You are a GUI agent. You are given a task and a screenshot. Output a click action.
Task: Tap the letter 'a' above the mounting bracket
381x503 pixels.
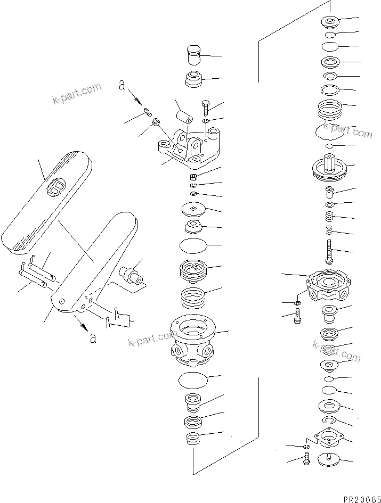tap(122, 85)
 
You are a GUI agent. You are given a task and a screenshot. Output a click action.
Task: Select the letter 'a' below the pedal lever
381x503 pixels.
tap(93, 338)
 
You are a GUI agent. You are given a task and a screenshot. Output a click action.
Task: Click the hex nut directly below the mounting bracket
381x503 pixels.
tap(194, 176)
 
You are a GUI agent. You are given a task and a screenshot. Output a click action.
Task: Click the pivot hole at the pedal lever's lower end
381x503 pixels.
tap(63, 302)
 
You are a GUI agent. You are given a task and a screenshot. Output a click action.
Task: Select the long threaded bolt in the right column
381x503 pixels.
tap(330, 250)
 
